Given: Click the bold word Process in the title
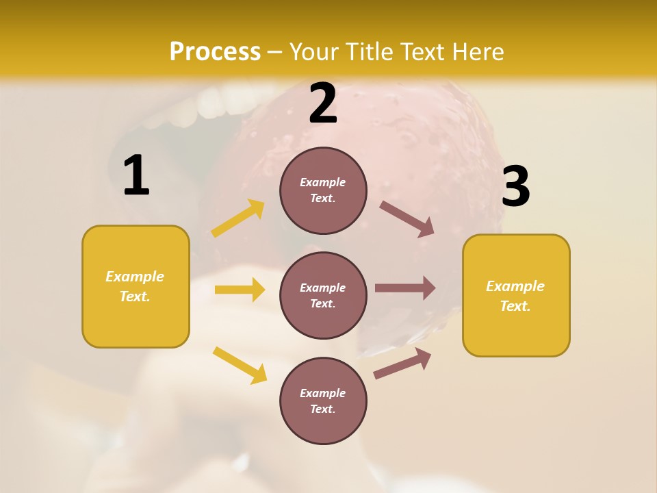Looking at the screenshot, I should coord(215,52).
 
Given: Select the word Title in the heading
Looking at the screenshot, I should coord(368,52).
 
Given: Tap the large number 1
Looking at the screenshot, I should coord(136,176).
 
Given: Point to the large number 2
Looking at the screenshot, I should coord(323,103).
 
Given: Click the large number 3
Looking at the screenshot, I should coord(516,186).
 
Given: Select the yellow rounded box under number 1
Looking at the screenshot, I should coord(136,286).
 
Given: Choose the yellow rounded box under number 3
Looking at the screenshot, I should coord(516,296).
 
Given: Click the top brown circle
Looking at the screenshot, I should coord(323,190).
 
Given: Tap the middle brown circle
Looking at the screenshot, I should coord(323,295).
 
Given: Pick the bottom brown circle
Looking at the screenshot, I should coord(323,401).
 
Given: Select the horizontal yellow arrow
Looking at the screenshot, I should coord(240,290).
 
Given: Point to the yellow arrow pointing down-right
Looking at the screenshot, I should coord(240,365).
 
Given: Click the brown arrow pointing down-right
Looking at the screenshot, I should coord(407,218).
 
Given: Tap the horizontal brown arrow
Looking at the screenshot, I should coord(405,288).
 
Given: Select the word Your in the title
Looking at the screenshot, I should coord(314,52).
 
